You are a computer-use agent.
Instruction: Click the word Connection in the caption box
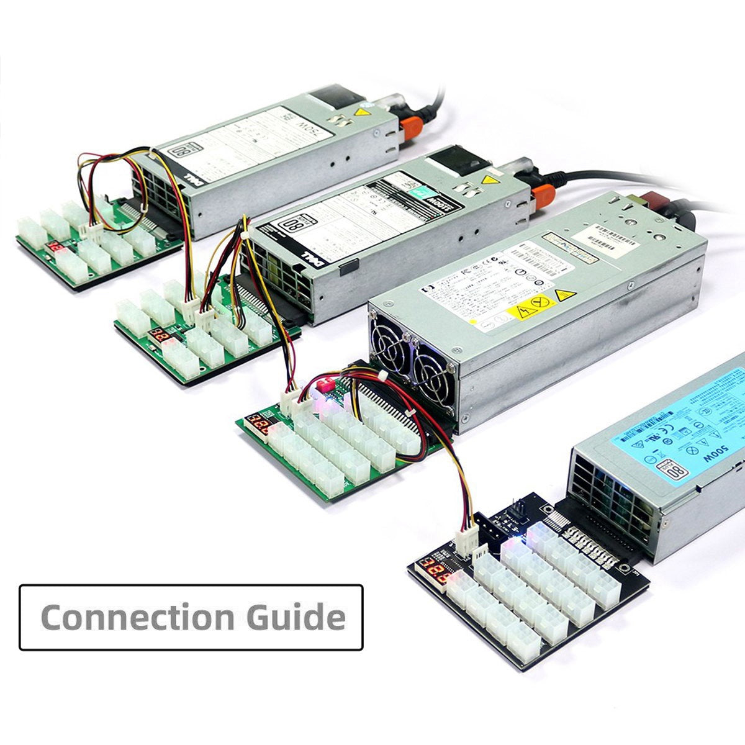[137, 617]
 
